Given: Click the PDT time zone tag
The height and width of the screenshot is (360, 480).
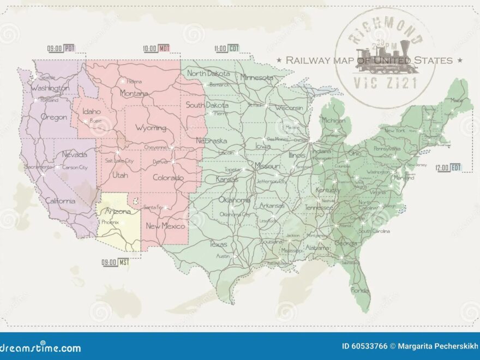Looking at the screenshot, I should point(69,48).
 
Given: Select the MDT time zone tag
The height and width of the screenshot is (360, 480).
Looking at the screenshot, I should point(164,48).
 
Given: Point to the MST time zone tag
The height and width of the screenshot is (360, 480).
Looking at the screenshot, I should point(124,262).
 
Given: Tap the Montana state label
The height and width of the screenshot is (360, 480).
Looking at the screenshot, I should point(134,93).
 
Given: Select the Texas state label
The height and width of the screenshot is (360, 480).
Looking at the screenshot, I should point(218,244).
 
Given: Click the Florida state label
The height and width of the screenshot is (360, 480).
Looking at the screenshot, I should point(360,290).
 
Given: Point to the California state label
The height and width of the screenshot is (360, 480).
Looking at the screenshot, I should point(60,201).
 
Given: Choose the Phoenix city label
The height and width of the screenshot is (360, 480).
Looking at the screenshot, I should point(110,223).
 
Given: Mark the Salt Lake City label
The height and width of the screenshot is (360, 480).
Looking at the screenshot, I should point(119,161).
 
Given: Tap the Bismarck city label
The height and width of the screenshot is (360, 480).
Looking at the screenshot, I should point(219,85).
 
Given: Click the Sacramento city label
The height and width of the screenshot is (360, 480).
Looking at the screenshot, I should point(38,167).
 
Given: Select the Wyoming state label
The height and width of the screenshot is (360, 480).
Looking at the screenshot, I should point(151,128).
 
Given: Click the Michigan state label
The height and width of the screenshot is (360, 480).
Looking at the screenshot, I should point(333,120).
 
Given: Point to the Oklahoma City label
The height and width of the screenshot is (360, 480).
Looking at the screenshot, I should point(235,214).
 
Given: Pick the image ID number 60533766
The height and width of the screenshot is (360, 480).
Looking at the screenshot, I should point(364,346).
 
